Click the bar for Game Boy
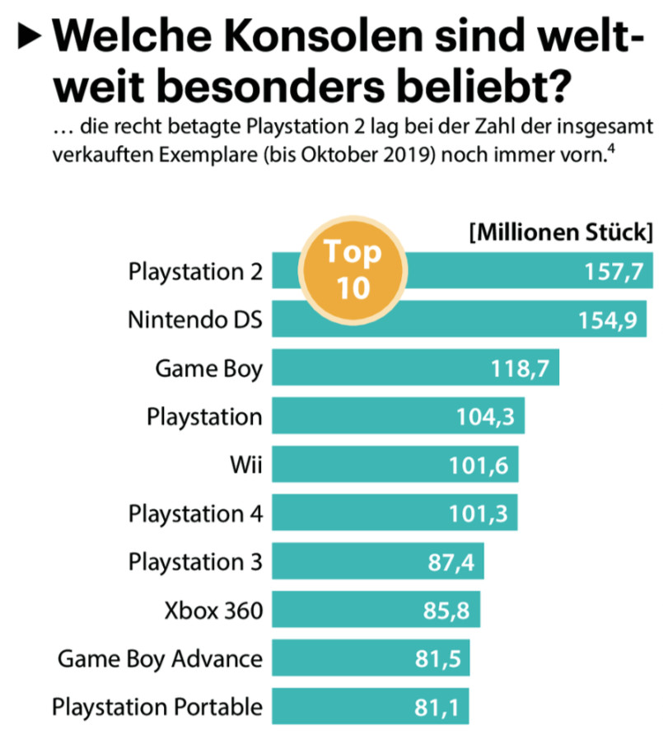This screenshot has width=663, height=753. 416,367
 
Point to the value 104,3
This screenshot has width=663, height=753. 485,417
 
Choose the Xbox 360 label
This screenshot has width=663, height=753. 214,611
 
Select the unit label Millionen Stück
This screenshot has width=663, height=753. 561,232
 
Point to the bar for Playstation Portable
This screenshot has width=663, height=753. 370,706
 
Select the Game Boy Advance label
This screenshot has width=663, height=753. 160,658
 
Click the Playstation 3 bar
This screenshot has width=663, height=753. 378,562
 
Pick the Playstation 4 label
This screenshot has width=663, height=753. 195,514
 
